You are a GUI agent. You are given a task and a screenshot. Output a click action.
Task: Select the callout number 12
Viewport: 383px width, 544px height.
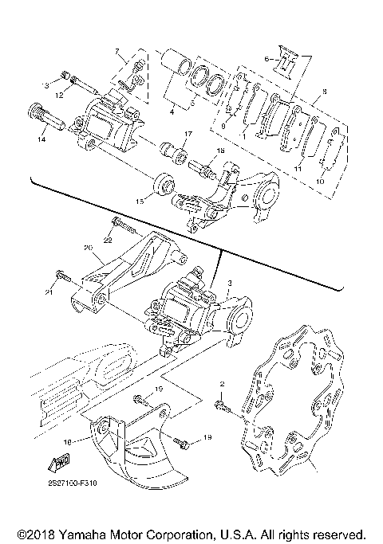[60, 95]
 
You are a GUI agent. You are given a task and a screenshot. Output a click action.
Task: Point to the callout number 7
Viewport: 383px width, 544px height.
[119, 52]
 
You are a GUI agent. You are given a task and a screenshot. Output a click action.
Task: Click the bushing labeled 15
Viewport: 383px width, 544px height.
[166, 185]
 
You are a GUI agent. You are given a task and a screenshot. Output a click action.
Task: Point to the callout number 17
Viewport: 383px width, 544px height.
[188, 133]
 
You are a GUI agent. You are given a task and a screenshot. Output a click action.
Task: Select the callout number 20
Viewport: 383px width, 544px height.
[89, 247]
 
